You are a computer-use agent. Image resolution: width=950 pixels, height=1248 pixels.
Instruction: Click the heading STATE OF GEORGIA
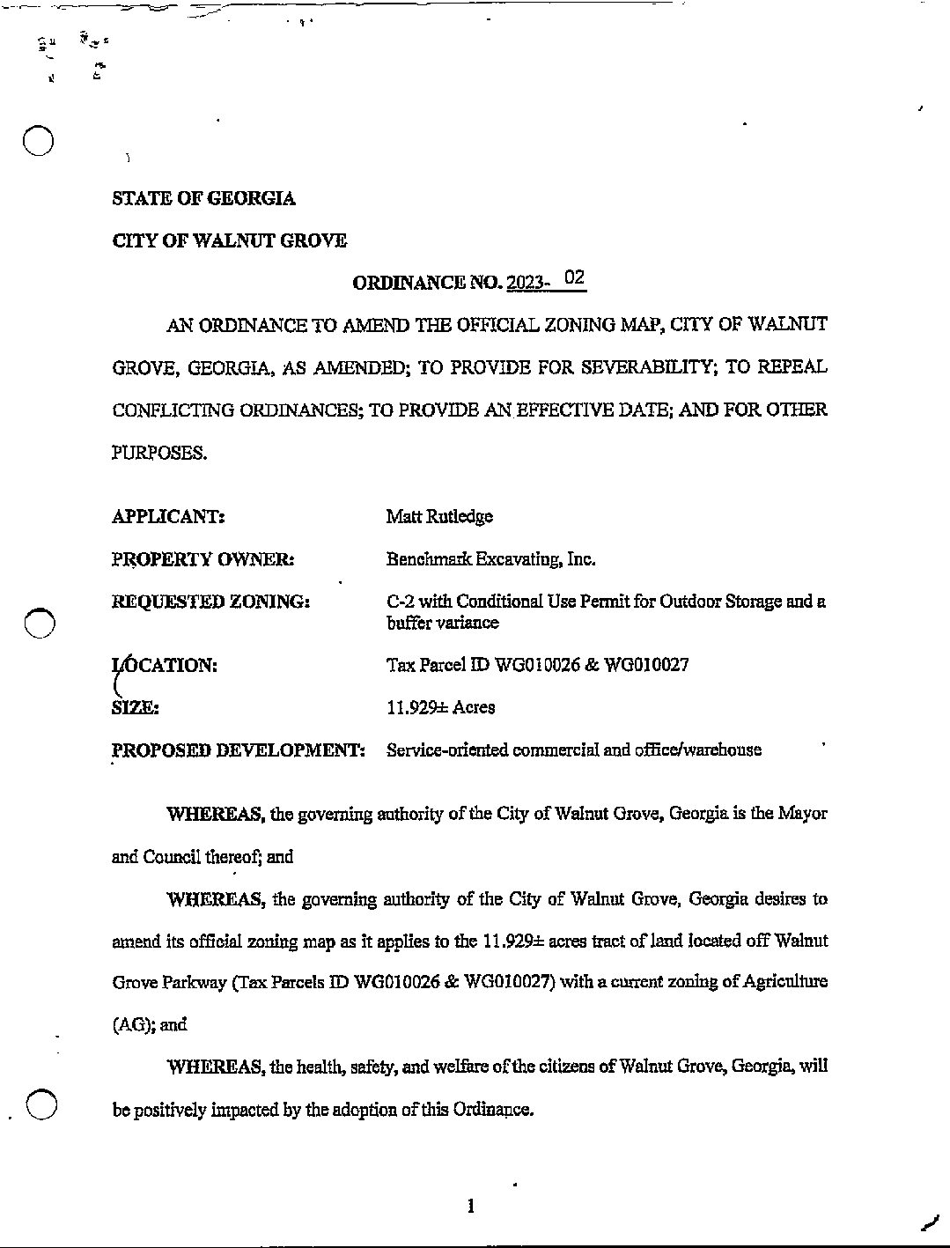pos(203,198)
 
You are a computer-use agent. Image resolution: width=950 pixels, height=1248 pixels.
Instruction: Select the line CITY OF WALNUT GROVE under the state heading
pos(229,240)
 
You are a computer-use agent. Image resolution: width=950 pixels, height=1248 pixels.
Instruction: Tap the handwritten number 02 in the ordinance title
pos(574,278)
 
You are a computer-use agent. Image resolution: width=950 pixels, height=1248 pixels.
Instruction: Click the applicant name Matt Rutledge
pos(438,516)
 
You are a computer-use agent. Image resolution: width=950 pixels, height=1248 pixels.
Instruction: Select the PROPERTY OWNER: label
pos(203,559)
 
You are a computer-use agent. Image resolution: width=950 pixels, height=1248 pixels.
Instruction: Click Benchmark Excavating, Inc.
pos(490,559)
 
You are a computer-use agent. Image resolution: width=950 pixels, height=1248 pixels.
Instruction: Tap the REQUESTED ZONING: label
pos(210,602)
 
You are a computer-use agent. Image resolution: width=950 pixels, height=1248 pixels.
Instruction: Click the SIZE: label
pos(135,707)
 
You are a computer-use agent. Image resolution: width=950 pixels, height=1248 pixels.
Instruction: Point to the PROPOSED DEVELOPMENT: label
pos(238,750)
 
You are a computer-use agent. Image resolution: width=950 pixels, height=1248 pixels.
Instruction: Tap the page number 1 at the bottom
pos(472,1206)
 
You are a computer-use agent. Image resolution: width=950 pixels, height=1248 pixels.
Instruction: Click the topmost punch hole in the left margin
pos(40,141)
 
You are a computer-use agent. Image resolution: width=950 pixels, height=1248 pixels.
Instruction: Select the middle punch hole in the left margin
pos(40,623)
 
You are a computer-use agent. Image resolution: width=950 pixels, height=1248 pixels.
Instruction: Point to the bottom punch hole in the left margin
pos(41,1104)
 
